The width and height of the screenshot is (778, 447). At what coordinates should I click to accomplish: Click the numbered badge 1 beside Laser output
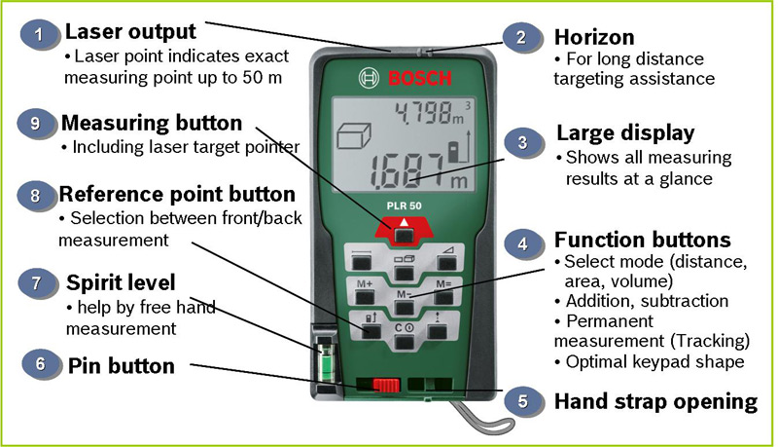39,36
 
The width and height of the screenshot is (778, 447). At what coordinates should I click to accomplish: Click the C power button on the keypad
405,330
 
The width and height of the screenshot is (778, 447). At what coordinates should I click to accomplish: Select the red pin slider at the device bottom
386,383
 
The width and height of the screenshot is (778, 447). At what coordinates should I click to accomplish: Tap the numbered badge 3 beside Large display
523,143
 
